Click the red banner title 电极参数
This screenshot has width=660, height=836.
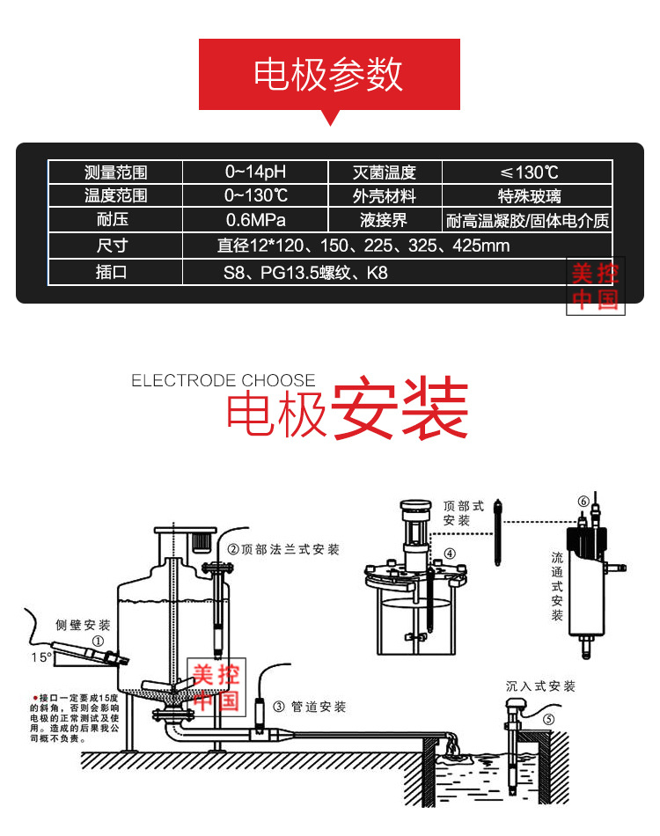328,75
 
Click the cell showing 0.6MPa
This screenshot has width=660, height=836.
255,220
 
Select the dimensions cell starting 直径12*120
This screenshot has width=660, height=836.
363,246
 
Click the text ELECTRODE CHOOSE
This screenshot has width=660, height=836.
223,381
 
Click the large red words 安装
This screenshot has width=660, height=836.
399,409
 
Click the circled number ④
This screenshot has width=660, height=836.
450,554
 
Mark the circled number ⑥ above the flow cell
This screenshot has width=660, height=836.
583,502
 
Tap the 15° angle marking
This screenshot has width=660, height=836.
40,656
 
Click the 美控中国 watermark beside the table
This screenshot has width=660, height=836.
595,287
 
